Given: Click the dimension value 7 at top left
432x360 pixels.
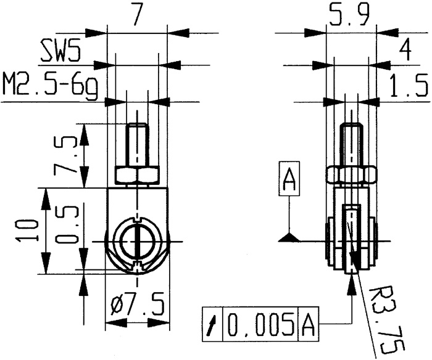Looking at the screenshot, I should tap(137, 14).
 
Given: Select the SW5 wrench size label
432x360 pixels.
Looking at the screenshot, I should tap(60, 53).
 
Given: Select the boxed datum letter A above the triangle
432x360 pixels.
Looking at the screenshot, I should tap(289, 180).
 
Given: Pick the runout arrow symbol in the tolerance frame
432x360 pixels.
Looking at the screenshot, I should tap(213, 324).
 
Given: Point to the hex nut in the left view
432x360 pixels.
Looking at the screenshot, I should tap(136, 176).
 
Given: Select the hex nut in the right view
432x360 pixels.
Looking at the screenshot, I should tap(351, 176).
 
